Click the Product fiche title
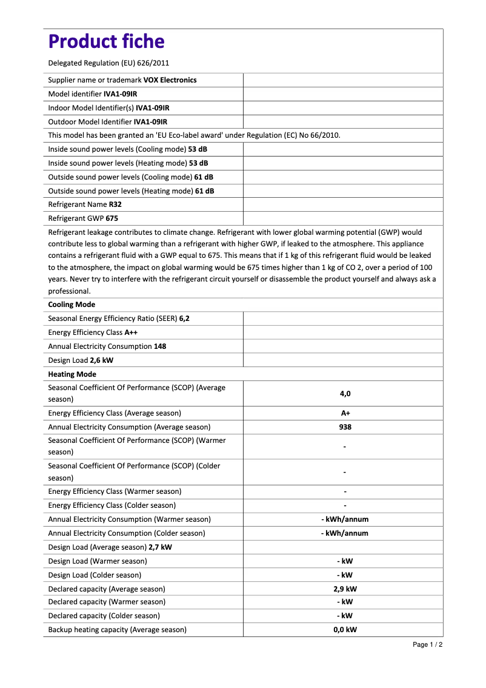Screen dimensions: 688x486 pyautogui.click(x=106, y=41)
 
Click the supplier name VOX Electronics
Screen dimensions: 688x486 pyautogui.click(x=170, y=80)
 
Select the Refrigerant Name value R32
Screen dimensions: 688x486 pyautogui.click(x=115, y=204)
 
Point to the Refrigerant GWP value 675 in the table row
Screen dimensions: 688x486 pyautogui.click(x=112, y=218)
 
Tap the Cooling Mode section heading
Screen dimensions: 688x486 pyautogui.click(x=72, y=305)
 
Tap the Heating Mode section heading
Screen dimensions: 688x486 pyautogui.click(x=72, y=374)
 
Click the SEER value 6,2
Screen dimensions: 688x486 pyautogui.click(x=184, y=319)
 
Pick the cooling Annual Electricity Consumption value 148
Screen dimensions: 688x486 pyautogui.click(x=160, y=346)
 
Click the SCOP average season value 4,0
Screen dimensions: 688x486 pyautogui.click(x=345, y=394)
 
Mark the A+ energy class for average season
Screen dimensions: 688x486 pyautogui.click(x=345, y=413)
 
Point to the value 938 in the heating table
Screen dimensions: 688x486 pyautogui.click(x=345, y=427)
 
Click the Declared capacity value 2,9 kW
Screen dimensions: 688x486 pyautogui.click(x=345, y=589)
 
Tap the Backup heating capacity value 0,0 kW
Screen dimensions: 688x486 pyautogui.click(x=345, y=630)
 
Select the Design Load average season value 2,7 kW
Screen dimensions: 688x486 pyautogui.click(x=160, y=547)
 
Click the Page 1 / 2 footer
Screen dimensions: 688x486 pyautogui.click(x=427, y=644)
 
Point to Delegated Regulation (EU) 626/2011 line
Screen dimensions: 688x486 pyautogui.click(x=108, y=62)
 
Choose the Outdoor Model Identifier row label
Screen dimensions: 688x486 pyautogui.click(x=90, y=122)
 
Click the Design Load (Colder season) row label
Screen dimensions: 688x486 pyautogui.click(x=95, y=575)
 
